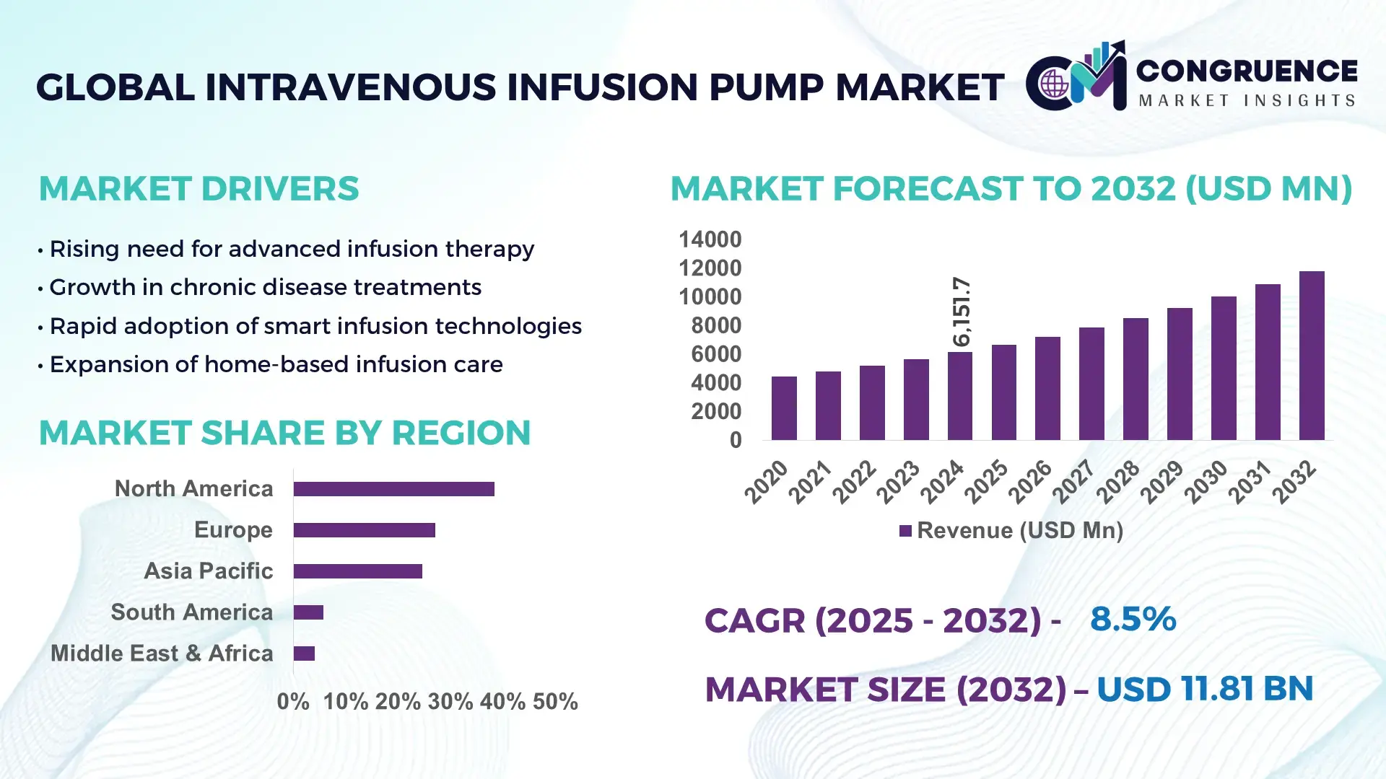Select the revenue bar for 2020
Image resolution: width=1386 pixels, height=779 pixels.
point(784,408)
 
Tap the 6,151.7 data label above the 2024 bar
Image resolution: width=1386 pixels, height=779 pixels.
point(962,312)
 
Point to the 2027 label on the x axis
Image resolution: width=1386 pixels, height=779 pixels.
point(1073,481)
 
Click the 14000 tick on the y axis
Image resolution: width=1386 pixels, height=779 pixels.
point(710,239)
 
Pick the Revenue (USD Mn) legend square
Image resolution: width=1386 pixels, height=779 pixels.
point(905,531)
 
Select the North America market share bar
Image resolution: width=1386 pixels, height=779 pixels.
point(393,489)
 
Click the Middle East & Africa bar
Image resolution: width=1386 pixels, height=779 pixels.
point(304,653)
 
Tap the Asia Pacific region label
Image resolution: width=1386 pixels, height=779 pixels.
point(208,571)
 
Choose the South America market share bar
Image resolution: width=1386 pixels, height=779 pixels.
point(308,612)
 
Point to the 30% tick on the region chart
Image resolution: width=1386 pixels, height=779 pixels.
point(450,701)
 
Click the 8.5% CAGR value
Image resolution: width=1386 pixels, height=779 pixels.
point(1133,619)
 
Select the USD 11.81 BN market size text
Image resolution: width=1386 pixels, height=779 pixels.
point(1204,689)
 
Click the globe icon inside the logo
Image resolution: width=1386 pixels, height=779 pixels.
point(1053,84)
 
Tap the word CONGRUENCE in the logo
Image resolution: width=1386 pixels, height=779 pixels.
point(1246,71)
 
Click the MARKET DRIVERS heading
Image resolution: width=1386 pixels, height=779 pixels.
point(199,189)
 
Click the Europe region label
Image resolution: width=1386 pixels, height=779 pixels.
point(233,529)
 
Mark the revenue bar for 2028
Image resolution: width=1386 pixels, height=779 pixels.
point(1136,379)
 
